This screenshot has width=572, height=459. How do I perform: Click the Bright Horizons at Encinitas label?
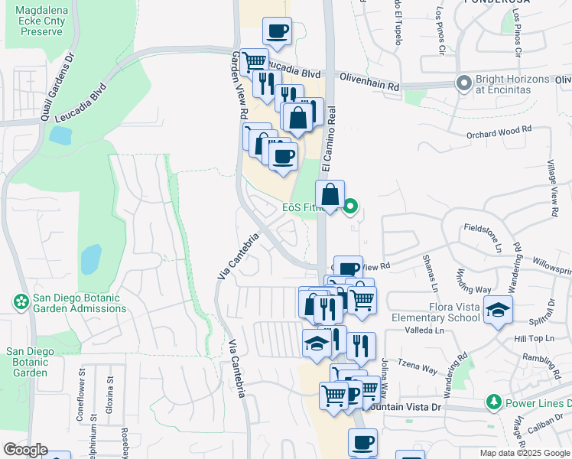click(512, 84)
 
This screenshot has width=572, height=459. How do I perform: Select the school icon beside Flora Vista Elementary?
click(498, 311)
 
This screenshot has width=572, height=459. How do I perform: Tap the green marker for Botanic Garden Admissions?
click(21, 303)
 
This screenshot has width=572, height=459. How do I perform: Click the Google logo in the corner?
click(24, 450)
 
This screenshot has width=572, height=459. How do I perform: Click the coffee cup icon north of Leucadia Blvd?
click(277, 32)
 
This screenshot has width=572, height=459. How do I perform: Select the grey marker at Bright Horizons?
click(463, 83)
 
